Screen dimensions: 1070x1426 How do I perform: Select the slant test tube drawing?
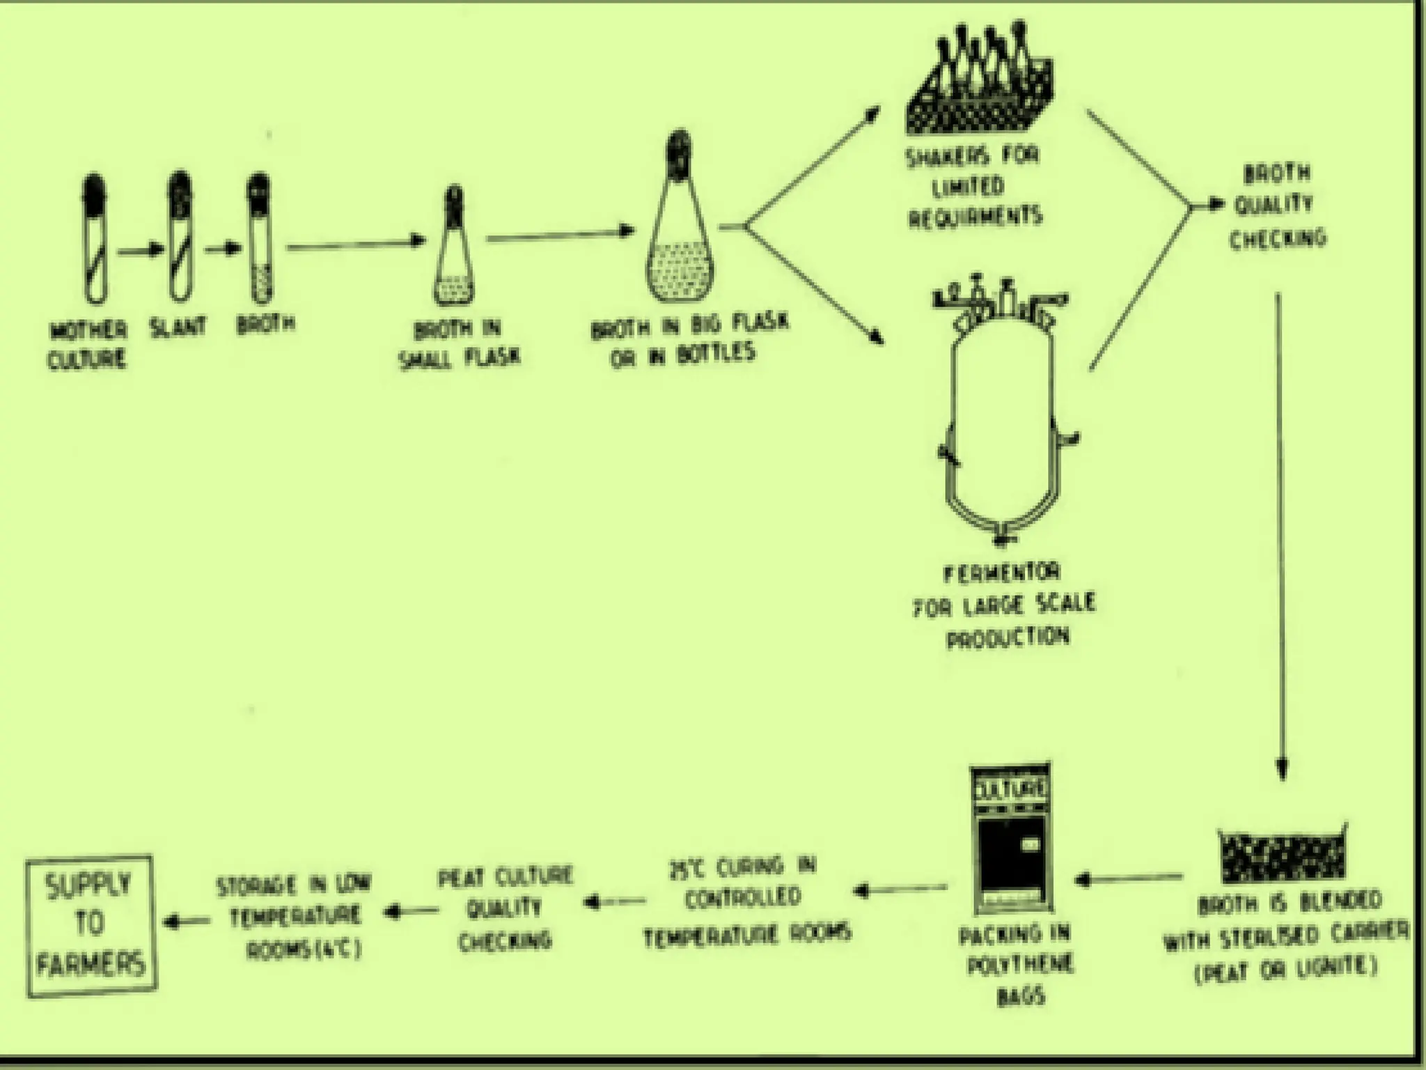click(180, 237)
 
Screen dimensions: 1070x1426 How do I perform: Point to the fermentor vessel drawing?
click(1003, 418)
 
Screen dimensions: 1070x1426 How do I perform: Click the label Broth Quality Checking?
click(1277, 206)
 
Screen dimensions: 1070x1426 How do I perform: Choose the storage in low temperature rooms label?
click(295, 916)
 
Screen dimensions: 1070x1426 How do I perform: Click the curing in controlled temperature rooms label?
click(746, 899)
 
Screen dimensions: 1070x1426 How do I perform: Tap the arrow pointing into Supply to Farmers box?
click(187, 922)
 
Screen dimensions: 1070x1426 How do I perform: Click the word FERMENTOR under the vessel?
click(1003, 574)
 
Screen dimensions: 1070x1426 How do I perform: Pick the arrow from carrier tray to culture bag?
click(1128, 879)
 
